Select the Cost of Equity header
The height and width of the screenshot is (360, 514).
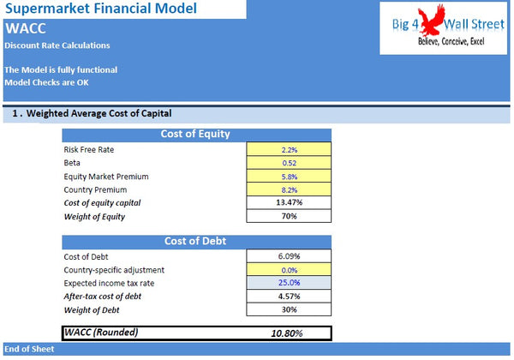point(195,134)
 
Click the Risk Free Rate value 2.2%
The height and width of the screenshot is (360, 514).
point(289,149)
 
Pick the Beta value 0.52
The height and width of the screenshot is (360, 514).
point(289,163)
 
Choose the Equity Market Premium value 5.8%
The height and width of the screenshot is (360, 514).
point(289,177)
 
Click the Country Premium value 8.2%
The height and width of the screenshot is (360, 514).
point(289,189)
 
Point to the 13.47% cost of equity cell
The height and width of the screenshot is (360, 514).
point(289,202)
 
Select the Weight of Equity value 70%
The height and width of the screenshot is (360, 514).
point(289,216)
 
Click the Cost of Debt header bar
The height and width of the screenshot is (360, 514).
point(195,241)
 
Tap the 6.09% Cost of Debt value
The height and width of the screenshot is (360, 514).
point(289,255)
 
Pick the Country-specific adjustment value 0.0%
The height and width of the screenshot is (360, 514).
point(289,269)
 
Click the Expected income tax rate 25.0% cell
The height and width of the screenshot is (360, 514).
point(289,282)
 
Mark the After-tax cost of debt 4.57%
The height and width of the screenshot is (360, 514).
point(289,296)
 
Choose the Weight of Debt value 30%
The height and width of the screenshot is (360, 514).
point(289,309)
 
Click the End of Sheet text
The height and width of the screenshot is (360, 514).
point(29,350)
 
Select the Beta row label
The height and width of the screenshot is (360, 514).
point(73,163)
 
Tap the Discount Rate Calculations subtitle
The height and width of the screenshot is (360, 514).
point(57,45)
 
